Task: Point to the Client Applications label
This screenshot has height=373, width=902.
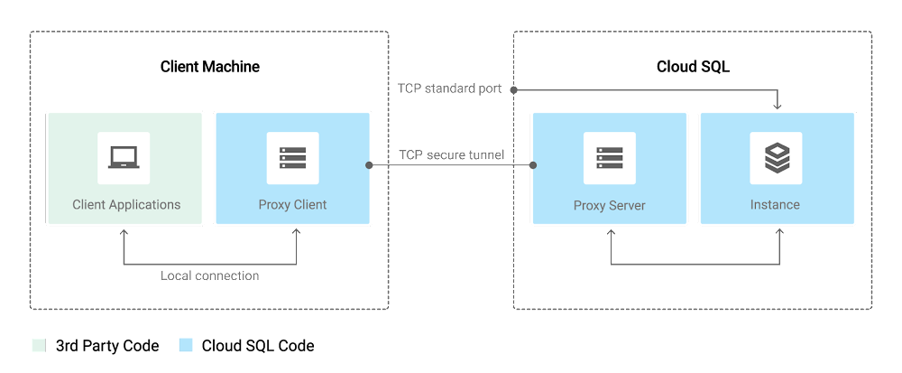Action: coord(126,204)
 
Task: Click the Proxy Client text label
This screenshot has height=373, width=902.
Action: coord(292,204)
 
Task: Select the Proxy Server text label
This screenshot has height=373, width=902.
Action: coord(609,205)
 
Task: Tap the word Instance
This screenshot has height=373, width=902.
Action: coord(775,204)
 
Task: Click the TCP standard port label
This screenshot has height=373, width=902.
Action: coord(449,89)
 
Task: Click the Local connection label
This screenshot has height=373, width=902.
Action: coord(209,275)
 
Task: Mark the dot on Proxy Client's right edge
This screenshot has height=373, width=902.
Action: coord(370,165)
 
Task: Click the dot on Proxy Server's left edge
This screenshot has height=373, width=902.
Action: coord(533,165)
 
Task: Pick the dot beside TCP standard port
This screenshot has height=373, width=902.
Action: coord(512,89)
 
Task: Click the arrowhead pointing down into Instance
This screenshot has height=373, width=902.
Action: coord(778,107)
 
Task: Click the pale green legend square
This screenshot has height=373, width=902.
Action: coord(38,345)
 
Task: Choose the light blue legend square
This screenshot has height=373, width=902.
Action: coord(186,345)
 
